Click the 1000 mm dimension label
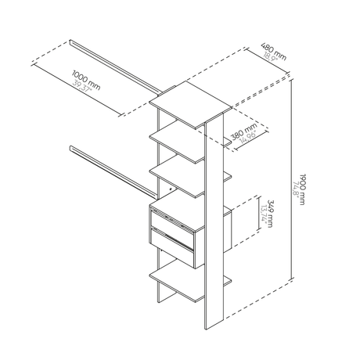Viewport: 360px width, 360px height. click(86, 80)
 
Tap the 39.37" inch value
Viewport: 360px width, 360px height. click(82, 85)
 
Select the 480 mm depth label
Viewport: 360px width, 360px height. click(274, 51)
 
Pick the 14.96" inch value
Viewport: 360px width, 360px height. click(249, 138)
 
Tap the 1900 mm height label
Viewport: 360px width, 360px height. click(302, 189)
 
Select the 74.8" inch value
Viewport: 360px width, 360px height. click(296, 189)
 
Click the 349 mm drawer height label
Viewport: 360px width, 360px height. click(270, 214)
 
